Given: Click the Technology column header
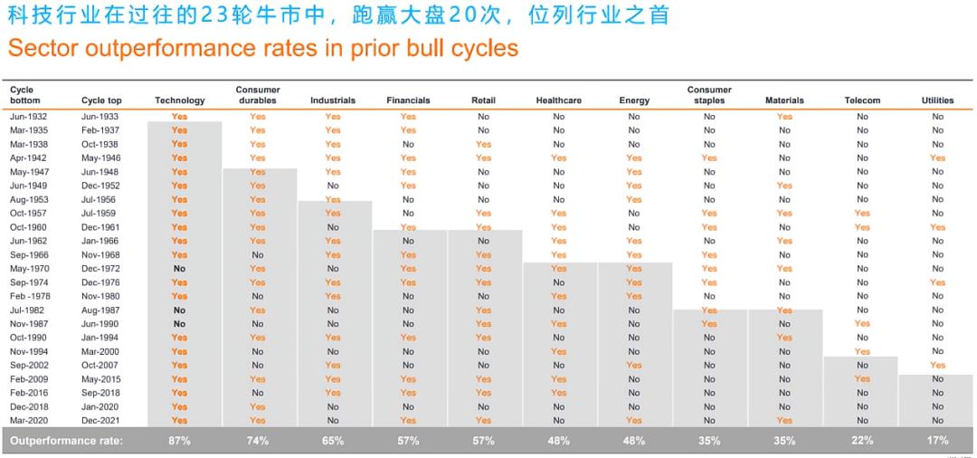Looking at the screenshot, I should tap(179, 100).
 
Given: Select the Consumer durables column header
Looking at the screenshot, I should tap(258, 95).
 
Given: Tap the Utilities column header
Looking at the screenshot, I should tap(937, 100).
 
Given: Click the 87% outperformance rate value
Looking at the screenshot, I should tap(179, 441).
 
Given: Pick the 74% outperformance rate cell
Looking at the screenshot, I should tap(258, 441).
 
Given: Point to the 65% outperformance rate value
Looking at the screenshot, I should tap(333, 441).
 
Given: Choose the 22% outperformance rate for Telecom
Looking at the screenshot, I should tap(862, 441).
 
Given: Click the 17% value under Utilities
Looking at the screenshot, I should tap(937, 441).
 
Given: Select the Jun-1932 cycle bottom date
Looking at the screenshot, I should tap(28, 117).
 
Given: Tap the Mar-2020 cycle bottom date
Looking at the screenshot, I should tap(28, 421).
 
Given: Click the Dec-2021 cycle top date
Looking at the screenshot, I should tap(100, 421).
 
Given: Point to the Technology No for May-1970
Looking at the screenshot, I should tap(179, 269).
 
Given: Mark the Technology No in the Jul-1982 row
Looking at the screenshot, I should tap(179, 310).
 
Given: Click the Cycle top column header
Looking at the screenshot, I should tap(101, 100).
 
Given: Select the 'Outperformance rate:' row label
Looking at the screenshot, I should tap(66, 441).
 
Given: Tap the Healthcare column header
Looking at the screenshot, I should tap(558, 100).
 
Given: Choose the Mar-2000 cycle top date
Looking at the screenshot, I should tap(100, 352).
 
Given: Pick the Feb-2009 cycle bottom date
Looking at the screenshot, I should tap(28, 379).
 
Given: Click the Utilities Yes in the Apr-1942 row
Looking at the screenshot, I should tap(937, 158).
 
